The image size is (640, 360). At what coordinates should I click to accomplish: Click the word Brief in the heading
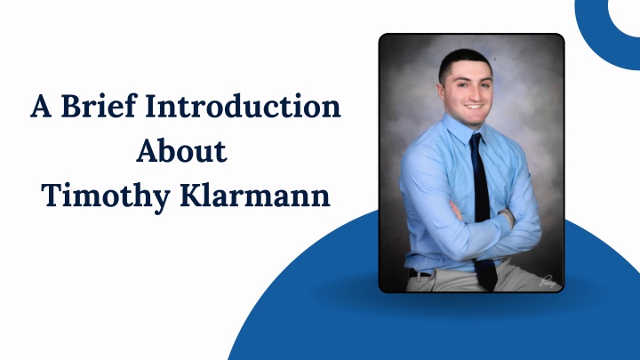(99, 106)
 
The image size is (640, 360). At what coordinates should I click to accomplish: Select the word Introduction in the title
(243, 106)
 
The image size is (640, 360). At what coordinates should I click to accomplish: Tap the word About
(181, 151)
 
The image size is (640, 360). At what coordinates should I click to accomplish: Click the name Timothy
(106, 196)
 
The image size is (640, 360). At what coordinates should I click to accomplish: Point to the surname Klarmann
(255, 196)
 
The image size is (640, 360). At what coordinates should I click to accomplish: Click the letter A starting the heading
(41, 107)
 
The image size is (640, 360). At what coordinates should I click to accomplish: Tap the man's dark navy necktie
(482, 208)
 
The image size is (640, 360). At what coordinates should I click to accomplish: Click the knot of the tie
(476, 140)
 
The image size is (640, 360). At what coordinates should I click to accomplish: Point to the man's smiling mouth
(474, 107)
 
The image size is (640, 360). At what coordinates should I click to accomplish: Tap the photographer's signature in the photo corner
(548, 281)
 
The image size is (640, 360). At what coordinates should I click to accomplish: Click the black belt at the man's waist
(419, 274)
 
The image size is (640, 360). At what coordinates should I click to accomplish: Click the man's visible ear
(441, 90)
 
